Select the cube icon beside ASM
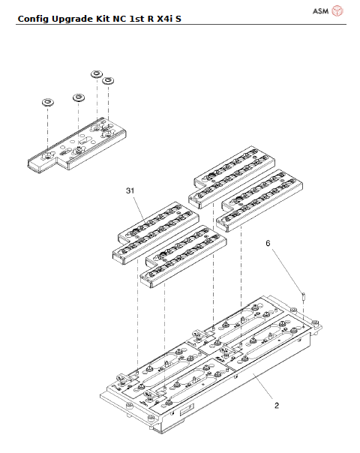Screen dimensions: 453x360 337,10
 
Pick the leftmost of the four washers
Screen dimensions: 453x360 46,100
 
